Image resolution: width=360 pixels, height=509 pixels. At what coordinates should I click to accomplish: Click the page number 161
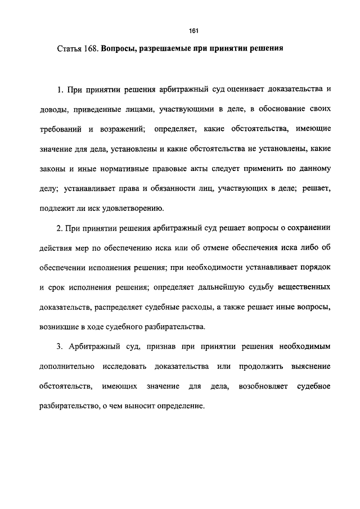pos(195,31)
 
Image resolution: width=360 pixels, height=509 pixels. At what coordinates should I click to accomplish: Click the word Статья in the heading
pos(69,49)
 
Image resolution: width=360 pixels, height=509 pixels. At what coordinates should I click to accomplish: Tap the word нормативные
pos(116,169)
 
